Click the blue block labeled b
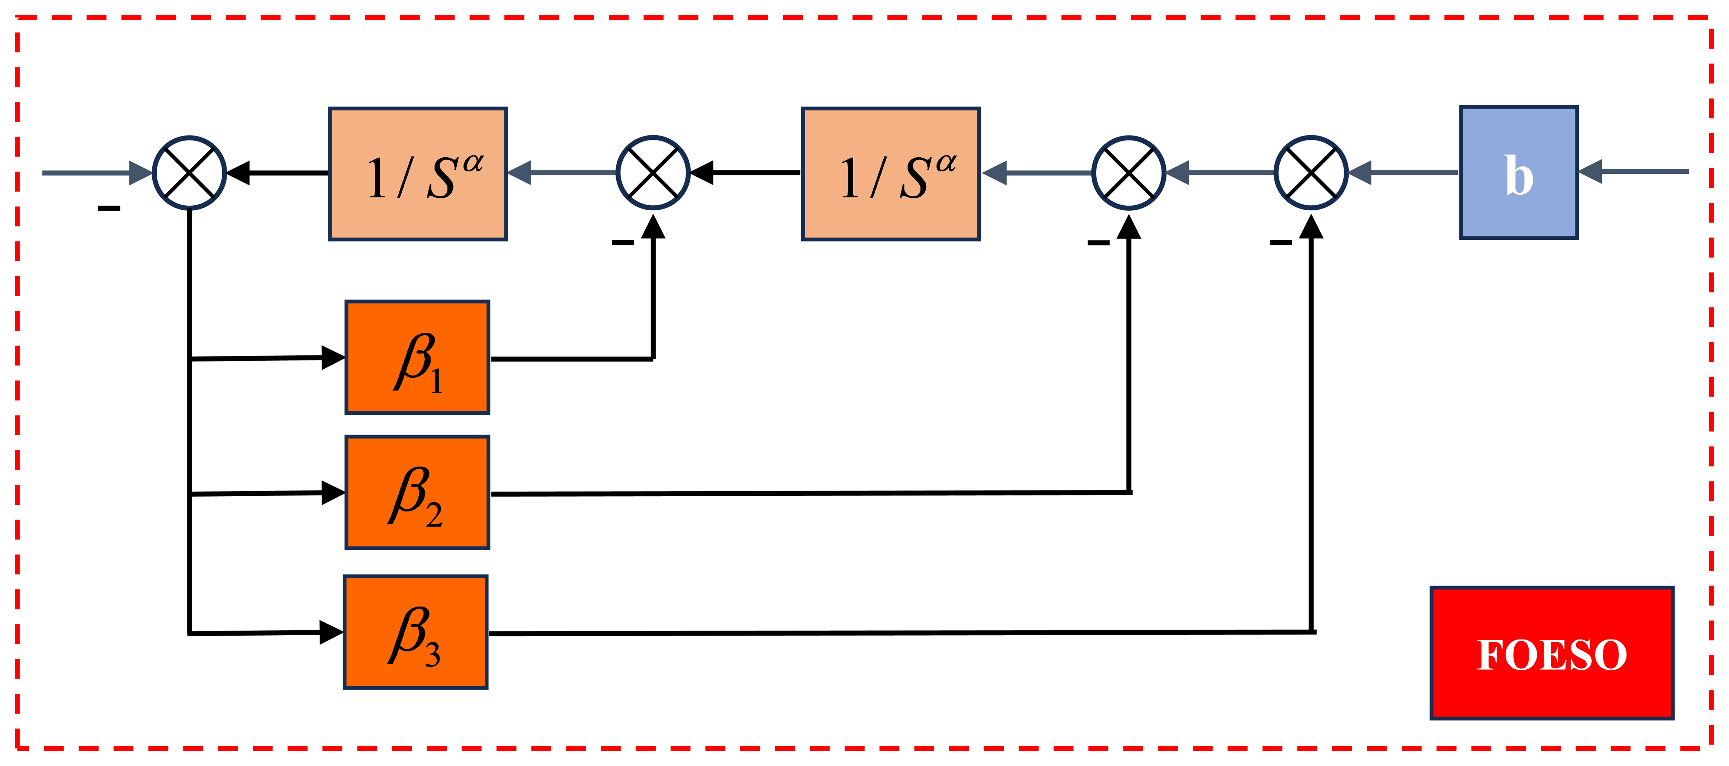[1518, 172]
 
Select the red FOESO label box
[1552, 653]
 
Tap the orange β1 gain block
[417, 358]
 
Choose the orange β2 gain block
[417, 492]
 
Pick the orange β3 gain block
[415, 632]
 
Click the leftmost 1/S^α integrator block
[418, 174]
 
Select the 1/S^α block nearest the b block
[891, 174]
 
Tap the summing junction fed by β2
[1129, 173]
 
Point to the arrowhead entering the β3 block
[332, 632]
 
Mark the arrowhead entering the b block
[1590, 172]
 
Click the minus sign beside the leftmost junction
[109, 209]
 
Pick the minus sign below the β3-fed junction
[1281, 242]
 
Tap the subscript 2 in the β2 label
[434, 515]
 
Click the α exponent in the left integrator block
[473, 162]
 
